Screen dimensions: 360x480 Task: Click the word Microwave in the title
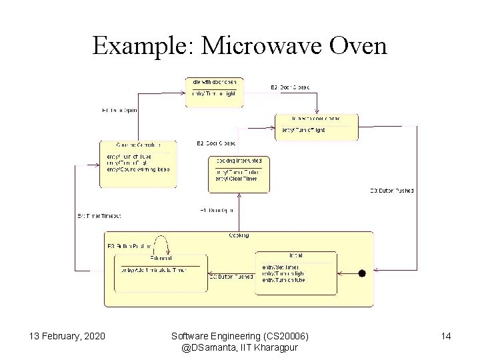tap(265, 46)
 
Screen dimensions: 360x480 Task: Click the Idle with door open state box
tap(213, 92)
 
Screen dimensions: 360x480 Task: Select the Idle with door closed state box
tap(316, 127)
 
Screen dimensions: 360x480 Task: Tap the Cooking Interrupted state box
tap(239, 173)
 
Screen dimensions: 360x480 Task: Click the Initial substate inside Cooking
tap(295, 271)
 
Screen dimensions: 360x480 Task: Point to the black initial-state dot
tap(362, 273)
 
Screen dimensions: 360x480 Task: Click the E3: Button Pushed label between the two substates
tap(231, 276)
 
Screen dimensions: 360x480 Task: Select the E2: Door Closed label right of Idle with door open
tap(289, 88)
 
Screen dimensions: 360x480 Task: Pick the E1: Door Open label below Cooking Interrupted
tap(217, 211)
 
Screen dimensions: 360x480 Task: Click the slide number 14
tap(445, 336)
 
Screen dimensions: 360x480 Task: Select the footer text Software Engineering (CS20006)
tap(241, 336)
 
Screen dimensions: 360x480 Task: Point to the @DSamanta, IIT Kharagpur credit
tap(241, 347)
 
